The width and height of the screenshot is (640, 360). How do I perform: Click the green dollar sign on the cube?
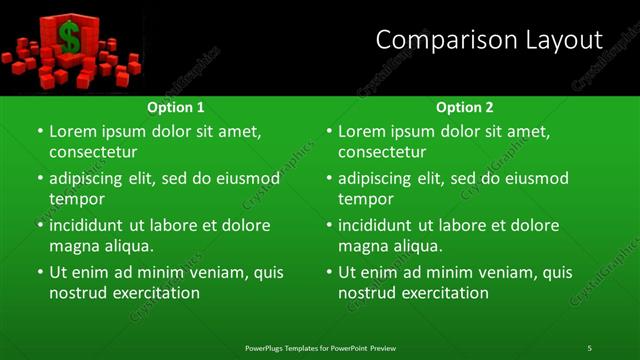click(69, 38)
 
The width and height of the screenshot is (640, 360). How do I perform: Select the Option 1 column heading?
click(176, 107)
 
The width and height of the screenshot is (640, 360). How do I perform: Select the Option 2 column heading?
click(465, 107)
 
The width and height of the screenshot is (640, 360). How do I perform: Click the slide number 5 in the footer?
click(590, 348)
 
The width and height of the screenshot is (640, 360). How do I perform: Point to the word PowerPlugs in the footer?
click(267, 348)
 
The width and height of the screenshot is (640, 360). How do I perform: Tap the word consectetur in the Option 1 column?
click(93, 152)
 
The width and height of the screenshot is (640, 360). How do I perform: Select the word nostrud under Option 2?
click(369, 293)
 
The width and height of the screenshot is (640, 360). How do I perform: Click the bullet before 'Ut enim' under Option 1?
click(40, 272)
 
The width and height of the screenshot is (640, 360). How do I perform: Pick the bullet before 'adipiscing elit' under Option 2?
click(329, 178)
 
